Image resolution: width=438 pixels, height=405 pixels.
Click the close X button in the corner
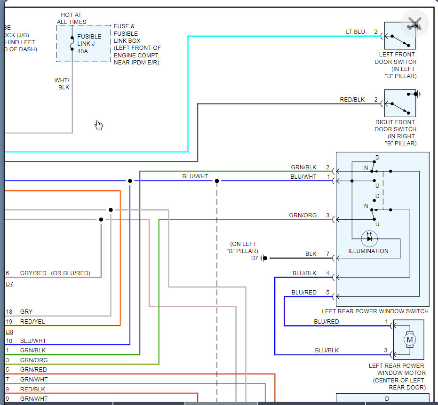[414, 23]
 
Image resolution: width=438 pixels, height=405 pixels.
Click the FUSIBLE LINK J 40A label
[89, 44]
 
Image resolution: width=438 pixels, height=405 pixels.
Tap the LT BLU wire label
[355, 32]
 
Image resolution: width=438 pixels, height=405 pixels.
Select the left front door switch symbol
[400, 36]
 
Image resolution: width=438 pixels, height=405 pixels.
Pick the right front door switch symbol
[400, 103]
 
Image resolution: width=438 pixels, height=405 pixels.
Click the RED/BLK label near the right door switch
[352, 100]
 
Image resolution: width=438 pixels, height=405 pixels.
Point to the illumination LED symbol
[369, 238]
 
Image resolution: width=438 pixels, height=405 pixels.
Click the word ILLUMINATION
[368, 251]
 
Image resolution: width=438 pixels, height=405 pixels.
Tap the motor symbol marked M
[409, 340]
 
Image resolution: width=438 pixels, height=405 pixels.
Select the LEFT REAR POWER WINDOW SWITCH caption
[375, 311]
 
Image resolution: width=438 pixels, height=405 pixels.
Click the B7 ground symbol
[264, 258]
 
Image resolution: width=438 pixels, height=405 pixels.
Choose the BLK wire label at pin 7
[311, 254]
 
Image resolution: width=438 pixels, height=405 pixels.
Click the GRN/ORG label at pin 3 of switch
[303, 215]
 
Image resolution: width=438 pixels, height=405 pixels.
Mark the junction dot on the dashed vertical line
[217, 181]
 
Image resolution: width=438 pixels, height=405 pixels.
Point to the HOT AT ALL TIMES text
[72, 18]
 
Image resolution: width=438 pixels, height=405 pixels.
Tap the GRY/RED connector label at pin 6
[33, 273]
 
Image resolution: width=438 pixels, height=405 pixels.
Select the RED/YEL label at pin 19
[32, 322]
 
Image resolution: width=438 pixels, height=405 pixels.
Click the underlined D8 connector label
[9, 332]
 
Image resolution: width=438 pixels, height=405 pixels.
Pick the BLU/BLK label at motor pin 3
[327, 350]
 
